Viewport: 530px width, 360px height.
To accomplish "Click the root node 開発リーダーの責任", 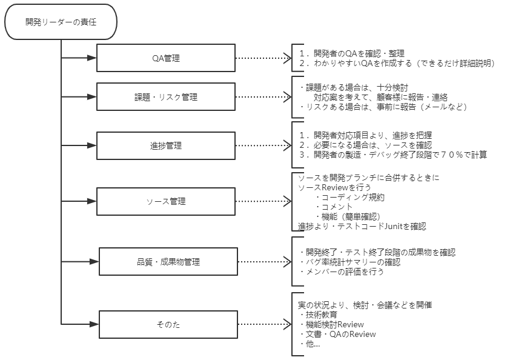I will (61, 21).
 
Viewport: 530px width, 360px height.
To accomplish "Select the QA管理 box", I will (166, 58).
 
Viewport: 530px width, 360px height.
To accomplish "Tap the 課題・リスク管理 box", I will (166, 97).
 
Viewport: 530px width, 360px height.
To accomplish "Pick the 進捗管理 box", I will (166, 145).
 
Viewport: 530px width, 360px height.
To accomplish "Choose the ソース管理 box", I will (166, 201).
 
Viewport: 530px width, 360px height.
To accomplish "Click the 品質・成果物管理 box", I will (168, 262).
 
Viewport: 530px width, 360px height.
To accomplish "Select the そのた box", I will (168, 325).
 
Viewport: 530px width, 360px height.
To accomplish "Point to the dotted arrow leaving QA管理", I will (263, 58).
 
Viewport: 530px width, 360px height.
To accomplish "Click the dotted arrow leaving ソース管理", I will (263, 201).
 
